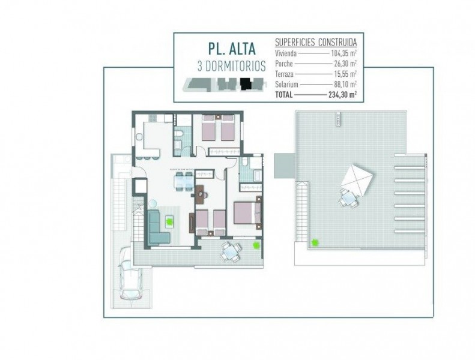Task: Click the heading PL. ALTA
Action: (x=232, y=49)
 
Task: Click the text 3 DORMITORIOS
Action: (x=232, y=67)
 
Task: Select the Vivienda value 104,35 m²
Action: (x=343, y=53)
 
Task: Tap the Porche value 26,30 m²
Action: (x=345, y=64)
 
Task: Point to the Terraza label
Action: (x=284, y=74)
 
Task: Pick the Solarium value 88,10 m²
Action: (x=345, y=84)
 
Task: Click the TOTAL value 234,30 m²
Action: (x=342, y=95)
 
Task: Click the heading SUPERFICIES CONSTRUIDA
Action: (x=316, y=42)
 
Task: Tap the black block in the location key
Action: (x=246, y=83)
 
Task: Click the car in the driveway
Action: (x=131, y=274)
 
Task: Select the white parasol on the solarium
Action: (x=357, y=180)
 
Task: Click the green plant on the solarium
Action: (x=315, y=242)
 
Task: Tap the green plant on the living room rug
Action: (x=169, y=221)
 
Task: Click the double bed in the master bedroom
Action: (x=247, y=213)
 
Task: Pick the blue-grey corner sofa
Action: (x=158, y=227)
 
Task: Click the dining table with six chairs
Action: (x=183, y=181)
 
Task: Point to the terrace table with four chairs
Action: (x=231, y=251)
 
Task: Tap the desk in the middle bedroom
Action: (x=201, y=194)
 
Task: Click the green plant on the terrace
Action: (x=256, y=245)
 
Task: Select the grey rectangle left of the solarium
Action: (x=285, y=166)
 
